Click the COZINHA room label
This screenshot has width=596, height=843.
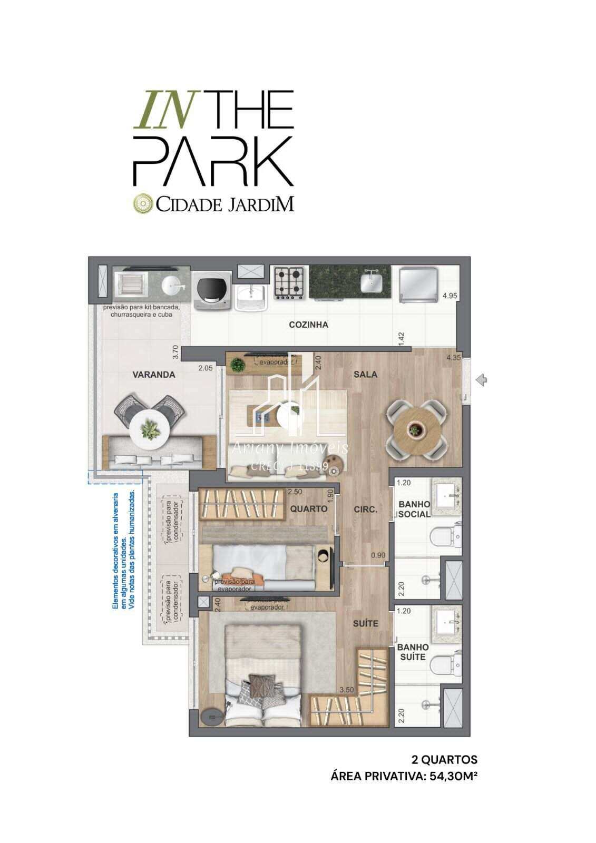tap(308, 325)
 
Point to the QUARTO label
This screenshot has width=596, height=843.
tap(308, 509)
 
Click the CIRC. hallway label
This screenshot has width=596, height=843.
tap(365, 509)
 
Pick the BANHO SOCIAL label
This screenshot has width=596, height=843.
tap(414, 509)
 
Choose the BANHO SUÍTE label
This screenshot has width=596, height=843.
tap(413, 652)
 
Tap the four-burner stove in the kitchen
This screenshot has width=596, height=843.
tap(289, 282)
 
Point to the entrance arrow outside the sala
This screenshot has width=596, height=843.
tap(481, 379)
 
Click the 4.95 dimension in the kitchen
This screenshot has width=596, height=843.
tap(449, 296)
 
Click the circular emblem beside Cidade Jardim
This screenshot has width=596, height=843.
tap(142, 203)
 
